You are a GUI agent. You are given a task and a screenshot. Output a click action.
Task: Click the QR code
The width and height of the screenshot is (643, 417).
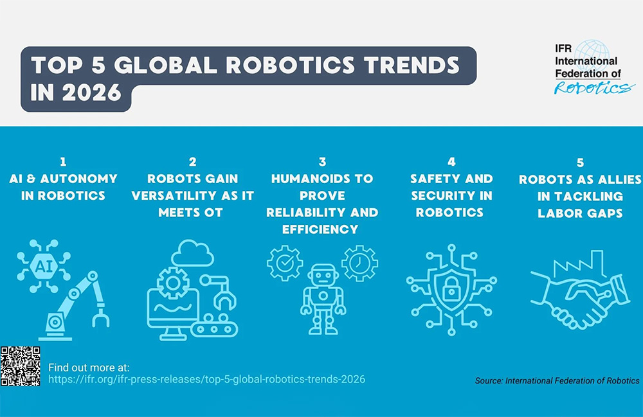21,366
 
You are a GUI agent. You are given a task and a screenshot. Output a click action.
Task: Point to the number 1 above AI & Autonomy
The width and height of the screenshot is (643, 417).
63,162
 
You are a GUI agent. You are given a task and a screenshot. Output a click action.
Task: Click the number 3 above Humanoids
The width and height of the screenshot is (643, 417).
323,162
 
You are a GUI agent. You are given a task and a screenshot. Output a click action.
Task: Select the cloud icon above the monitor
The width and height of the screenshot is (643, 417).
192,253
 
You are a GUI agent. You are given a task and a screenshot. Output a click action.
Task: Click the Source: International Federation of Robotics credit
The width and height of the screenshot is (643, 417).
557,381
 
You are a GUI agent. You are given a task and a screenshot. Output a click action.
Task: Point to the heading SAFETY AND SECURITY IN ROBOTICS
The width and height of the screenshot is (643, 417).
451,195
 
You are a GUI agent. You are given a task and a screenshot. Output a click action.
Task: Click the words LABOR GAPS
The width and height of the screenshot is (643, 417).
580,213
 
